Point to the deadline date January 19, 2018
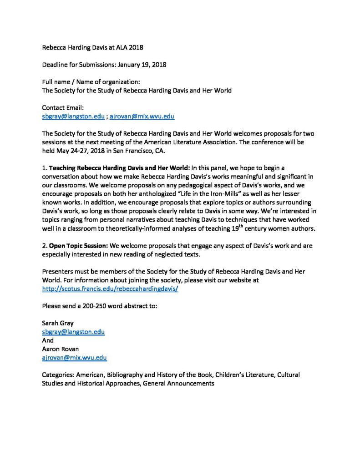tap(142, 65)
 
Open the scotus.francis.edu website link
tap(110, 289)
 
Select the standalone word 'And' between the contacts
tap(47, 340)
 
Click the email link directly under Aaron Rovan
tap(74, 358)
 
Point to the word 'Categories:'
tap(58, 375)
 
